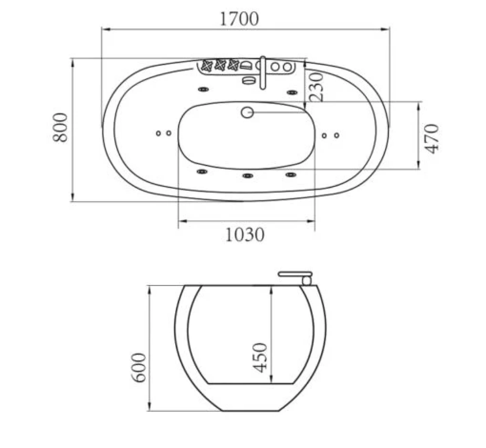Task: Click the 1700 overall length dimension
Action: (x=240, y=19)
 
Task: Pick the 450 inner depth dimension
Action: (x=260, y=358)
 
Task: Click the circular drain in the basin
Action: (x=247, y=113)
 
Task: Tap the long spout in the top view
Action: (x=263, y=73)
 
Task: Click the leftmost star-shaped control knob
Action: (x=207, y=65)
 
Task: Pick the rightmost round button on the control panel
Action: (x=287, y=66)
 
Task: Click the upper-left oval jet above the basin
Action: (x=203, y=90)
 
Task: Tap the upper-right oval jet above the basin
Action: (x=292, y=92)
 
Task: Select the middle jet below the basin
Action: (x=247, y=176)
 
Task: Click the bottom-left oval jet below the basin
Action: (x=202, y=172)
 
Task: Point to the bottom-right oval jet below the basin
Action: (x=291, y=174)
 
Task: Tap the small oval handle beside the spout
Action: (x=248, y=81)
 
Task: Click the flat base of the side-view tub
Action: (x=250, y=410)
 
